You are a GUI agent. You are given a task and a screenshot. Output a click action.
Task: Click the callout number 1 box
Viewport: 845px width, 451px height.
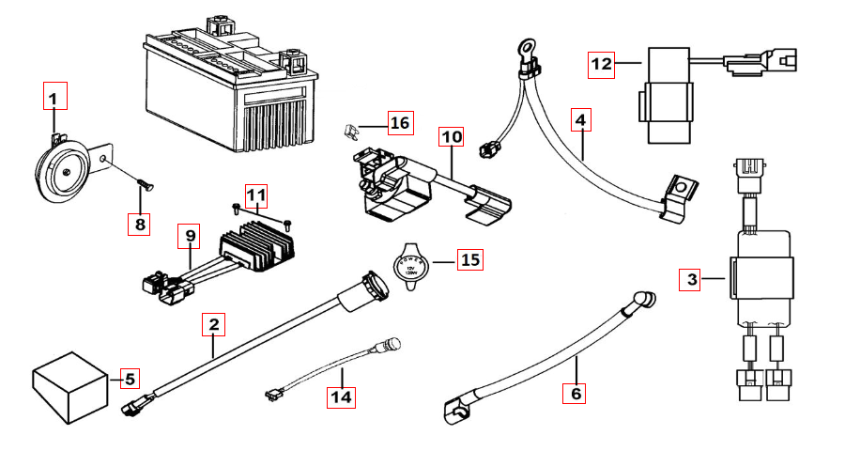tap(54, 98)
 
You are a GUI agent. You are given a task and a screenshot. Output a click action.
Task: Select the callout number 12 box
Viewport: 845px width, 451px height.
tap(602, 65)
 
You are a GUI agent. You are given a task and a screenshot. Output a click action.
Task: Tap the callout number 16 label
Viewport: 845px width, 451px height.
tap(400, 123)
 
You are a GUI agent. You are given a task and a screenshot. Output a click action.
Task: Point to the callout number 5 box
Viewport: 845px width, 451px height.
tap(130, 379)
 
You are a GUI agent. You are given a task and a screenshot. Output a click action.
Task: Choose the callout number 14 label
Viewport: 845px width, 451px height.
tap(342, 397)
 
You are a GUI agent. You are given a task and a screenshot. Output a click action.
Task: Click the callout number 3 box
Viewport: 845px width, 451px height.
tap(692, 279)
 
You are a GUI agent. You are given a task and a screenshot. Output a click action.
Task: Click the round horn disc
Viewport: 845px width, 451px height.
tap(64, 170)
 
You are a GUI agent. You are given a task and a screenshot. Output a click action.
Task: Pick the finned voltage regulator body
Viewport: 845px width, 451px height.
tap(257, 246)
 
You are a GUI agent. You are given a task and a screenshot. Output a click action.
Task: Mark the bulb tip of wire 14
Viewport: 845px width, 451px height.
tap(392, 342)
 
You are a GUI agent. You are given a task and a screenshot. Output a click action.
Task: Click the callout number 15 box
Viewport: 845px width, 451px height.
tap(470, 259)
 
